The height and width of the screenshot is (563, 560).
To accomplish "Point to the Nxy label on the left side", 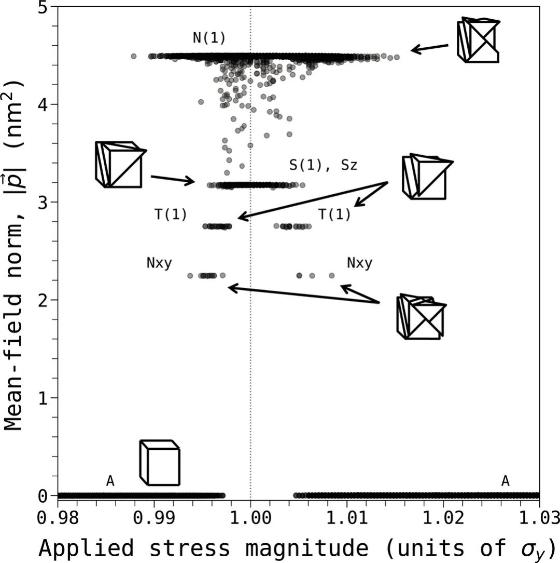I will point(159,263).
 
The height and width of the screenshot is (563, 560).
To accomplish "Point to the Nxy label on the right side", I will point(359,263).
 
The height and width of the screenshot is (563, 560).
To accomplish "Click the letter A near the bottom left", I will point(110,481).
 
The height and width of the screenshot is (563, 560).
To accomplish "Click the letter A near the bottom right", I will point(505,481).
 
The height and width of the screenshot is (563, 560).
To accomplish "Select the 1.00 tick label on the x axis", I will point(250,518).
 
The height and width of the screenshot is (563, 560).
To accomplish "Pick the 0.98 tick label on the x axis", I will point(58,518).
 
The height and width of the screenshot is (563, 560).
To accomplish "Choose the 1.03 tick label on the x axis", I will point(539,518).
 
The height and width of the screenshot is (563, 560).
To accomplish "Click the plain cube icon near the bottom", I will point(160,462).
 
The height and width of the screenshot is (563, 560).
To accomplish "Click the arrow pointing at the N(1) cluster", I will point(430,48).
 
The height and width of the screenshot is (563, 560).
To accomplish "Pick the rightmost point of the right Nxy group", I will point(332,275).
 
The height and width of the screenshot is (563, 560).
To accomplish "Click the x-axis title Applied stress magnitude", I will point(298,547).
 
